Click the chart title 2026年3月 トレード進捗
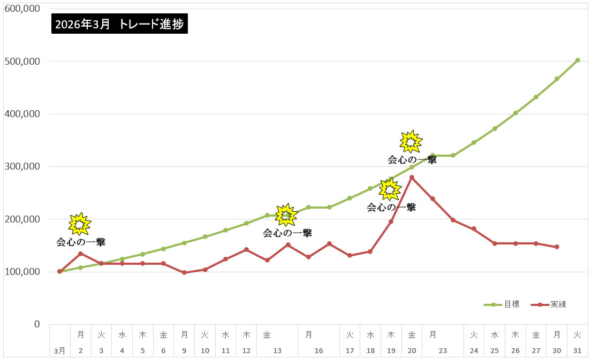click(x=120, y=25)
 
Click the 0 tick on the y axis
click(x=37, y=324)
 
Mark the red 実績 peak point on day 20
click(x=412, y=177)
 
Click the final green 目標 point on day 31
click(x=578, y=60)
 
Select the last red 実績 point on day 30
click(x=557, y=247)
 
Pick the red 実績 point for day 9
click(x=184, y=272)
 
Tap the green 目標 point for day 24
click(x=474, y=142)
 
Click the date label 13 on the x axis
click(x=277, y=351)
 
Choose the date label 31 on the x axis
click(x=578, y=351)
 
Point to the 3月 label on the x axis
click(x=60, y=351)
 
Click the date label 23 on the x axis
click(x=443, y=351)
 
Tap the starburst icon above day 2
click(x=80, y=224)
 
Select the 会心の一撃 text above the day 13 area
click(x=287, y=233)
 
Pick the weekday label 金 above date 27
click(x=536, y=335)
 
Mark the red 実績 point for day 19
click(x=391, y=221)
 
